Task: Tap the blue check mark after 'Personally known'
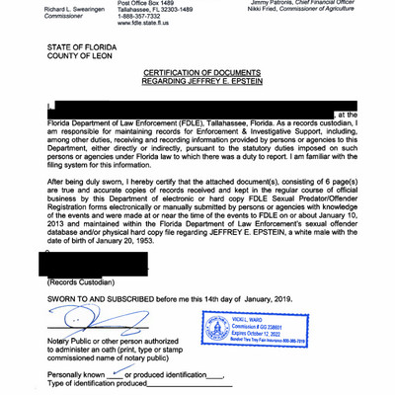pyautogui.click(x=118, y=374)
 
